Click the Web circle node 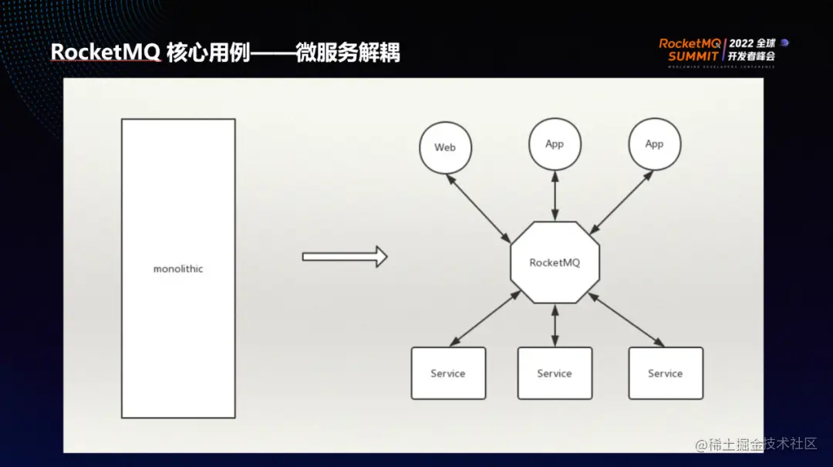pyautogui.click(x=445, y=147)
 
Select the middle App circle pyautogui.click(x=555, y=144)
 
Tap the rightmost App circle pyautogui.click(x=654, y=144)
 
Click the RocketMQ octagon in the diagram pyautogui.click(x=555, y=262)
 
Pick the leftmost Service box pyautogui.click(x=448, y=373)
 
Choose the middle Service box pyautogui.click(x=555, y=373)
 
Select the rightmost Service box pyautogui.click(x=666, y=373)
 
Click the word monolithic pyautogui.click(x=178, y=269)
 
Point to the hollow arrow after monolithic pyautogui.click(x=344, y=256)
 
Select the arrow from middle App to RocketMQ pyautogui.click(x=555, y=197)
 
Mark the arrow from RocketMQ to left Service pyautogui.click(x=485, y=318)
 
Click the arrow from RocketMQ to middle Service pyautogui.click(x=555, y=325)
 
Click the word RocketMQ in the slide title pyautogui.click(x=106, y=52)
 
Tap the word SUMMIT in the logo pyautogui.click(x=693, y=56)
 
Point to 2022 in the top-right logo pyautogui.click(x=743, y=43)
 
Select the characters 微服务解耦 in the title pyautogui.click(x=348, y=52)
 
